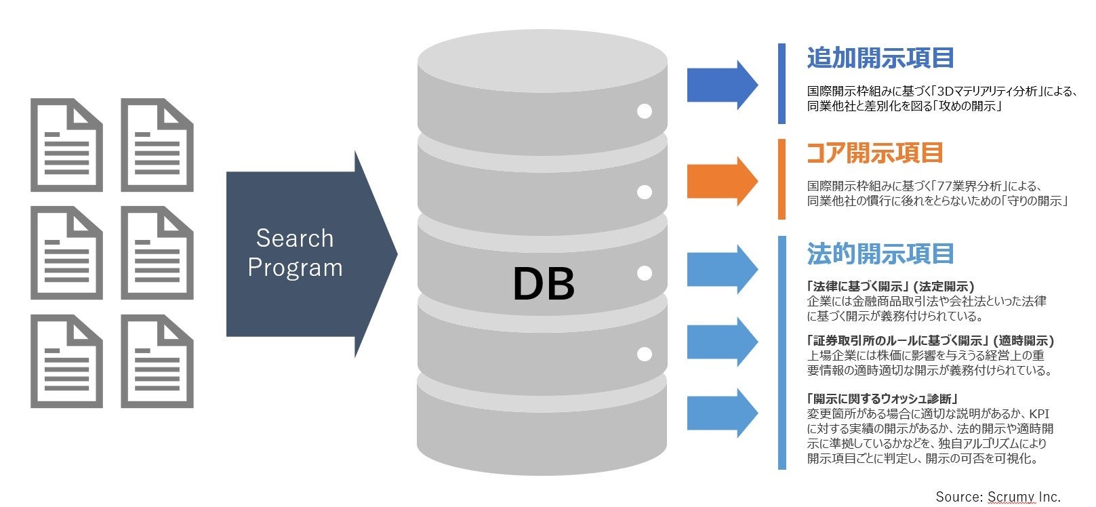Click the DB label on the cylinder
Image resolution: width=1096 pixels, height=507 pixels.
point(544,283)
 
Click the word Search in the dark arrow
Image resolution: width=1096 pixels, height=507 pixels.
point(295,239)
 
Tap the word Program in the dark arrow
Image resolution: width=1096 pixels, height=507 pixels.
point(295,268)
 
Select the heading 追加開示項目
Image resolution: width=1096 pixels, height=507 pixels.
point(880,58)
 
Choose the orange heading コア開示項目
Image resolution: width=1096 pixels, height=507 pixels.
point(875,153)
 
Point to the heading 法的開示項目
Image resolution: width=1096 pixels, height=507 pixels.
point(880,254)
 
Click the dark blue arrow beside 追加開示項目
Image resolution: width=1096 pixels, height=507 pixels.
point(722,85)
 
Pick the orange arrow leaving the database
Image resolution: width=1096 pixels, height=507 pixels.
point(722,181)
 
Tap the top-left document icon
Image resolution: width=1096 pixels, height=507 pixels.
point(66,145)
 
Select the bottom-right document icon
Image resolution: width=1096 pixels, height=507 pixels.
point(157,361)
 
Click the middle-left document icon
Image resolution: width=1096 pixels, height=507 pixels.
point(66,253)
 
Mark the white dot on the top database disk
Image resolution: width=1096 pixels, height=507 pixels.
point(645,111)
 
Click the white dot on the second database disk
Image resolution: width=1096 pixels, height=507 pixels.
point(645,192)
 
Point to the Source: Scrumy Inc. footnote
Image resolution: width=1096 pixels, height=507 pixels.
point(998,497)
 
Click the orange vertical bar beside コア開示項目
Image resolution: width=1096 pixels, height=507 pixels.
point(782,180)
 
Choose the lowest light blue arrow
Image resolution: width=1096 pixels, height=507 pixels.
point(722,413)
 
